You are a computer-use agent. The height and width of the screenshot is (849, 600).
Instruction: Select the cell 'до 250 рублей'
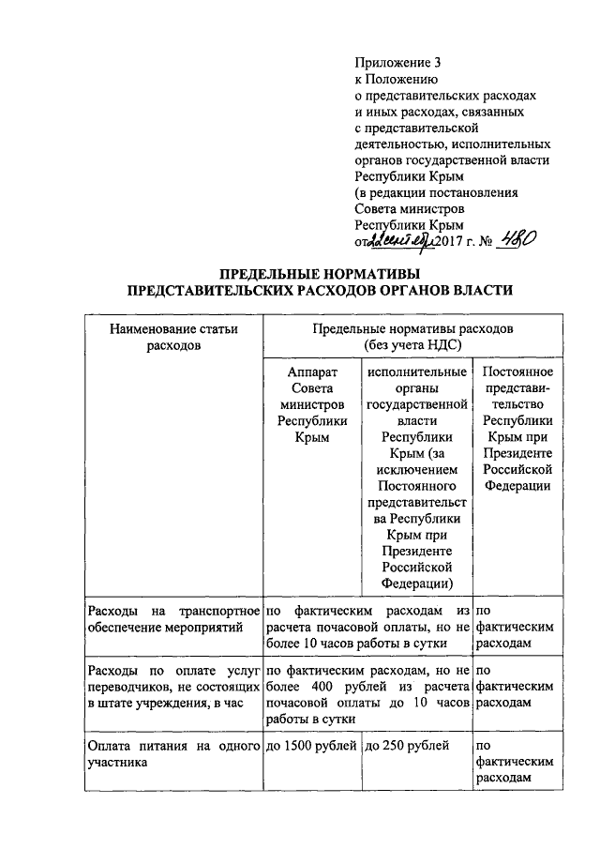click(405, 747)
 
